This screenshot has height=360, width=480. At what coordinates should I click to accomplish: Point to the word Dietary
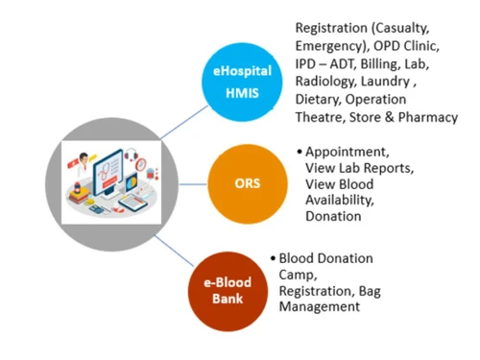pos(320,100)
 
